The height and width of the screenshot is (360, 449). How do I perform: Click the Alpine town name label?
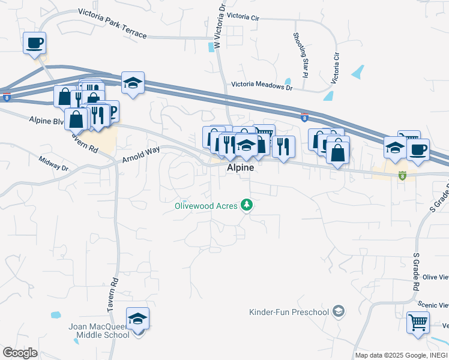(240, 169)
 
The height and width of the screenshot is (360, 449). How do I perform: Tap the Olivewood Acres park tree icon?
(246, 206)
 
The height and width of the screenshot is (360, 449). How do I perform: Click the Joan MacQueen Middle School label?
(98, 331)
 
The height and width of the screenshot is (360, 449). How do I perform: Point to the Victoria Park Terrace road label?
(112, 23)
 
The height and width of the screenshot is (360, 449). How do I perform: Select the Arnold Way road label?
(141, 155)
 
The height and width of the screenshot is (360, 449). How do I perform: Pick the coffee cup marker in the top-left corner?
(34, 43)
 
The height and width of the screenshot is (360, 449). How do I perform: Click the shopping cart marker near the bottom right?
(418, 322)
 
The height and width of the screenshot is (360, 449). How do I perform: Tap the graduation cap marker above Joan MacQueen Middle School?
(137, 319)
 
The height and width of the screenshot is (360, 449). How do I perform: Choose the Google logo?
(20, 353)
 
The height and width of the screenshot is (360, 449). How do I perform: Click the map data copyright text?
(400, 356)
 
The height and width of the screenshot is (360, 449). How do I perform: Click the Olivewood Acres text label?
(206, 206)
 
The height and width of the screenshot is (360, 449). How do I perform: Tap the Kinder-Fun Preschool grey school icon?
(339, 311)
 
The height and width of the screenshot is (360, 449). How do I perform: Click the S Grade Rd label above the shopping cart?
(415, 271)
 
